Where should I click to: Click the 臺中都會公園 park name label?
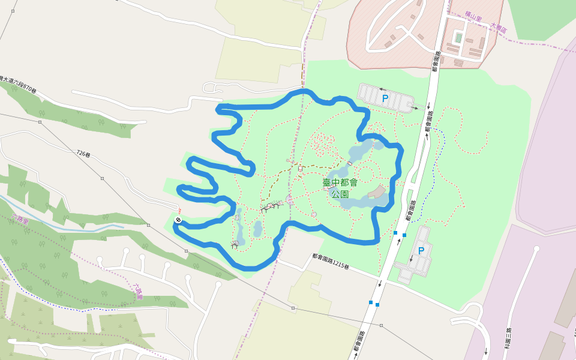tap(340, 188)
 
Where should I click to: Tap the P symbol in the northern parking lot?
tap(385, 97)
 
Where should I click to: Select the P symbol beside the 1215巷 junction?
tap(421, 250)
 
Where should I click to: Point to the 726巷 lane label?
tap(83, 154)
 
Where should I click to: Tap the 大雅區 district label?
tap(499, 27)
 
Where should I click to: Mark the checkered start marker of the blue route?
tap(178, 220)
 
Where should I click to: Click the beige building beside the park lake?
tap(377, 192)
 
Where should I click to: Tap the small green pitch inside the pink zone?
tap(458, 38)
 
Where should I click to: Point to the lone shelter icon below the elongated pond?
tap(235, 244)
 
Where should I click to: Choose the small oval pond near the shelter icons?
tap(257, 229)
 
